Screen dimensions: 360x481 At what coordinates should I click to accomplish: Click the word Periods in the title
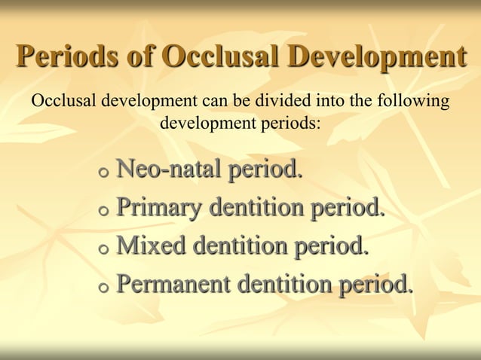[x=64, y=57]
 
